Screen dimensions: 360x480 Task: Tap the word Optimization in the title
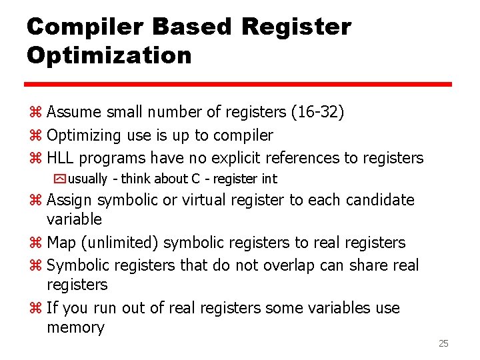point(109,55)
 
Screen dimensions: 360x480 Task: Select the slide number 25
point(443,343)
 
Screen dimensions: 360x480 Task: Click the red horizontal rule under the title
point(239,85)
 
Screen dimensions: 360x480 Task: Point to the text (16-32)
point(318,111)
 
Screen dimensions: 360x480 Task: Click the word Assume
point(73,111)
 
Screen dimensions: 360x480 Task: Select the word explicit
point(236,158)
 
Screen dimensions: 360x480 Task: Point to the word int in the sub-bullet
point(269,179)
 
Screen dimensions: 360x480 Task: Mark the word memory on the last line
point(75,328)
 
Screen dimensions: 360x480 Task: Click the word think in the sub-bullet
point(136,179)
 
